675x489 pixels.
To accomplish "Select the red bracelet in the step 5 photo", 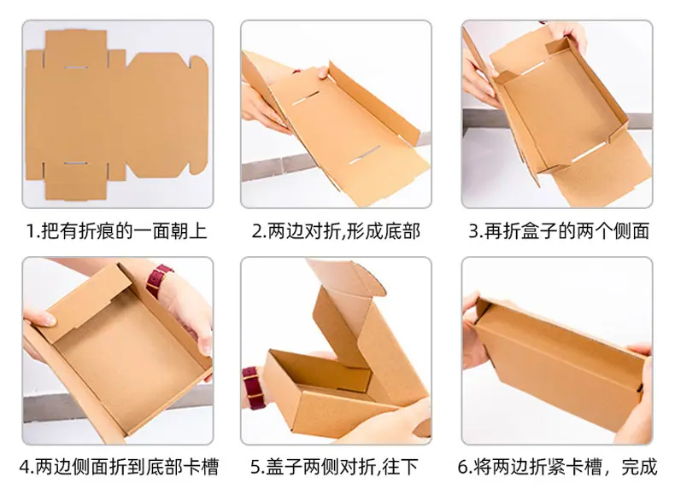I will pyautogui.click(x=250, y=385).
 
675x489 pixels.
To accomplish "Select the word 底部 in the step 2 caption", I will pyautogui.click(x=402, y=231).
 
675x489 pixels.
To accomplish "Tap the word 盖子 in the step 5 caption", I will pyautogui.click(x=289, y=467).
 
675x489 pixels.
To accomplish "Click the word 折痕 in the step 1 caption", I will pyautogui.click(x=102, y=231).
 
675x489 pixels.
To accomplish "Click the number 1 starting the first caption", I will pyautogui.click(x=31, y=231).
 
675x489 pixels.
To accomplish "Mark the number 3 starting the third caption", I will pyautogui.click(x=472, y=231).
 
